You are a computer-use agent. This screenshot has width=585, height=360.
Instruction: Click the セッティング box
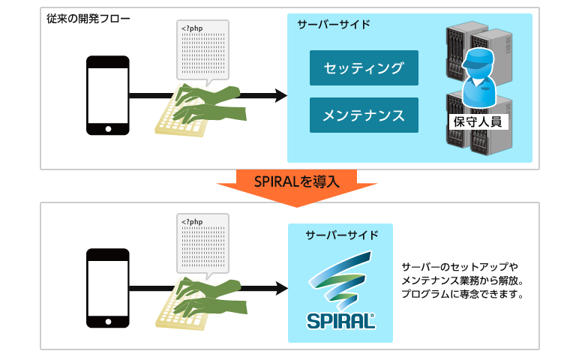tap(364, 68)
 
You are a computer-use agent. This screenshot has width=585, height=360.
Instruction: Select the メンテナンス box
tap(364, 115)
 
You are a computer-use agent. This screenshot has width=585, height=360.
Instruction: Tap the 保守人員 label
tap(478, 121)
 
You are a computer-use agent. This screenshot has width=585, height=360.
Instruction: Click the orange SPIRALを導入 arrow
tap(297, 187)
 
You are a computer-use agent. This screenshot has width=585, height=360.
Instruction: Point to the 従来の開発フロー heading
tap(88, 19)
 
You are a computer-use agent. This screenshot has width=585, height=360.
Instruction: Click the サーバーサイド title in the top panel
tap(334, 25)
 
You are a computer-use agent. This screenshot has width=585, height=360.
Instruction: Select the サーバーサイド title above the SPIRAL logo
tap(342, 235)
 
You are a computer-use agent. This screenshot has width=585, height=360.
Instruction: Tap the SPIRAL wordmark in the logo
tap(340, 322)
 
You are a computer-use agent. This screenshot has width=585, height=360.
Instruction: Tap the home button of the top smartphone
tap(108, 129)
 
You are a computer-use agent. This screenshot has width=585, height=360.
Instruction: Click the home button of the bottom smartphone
tap(108, 322)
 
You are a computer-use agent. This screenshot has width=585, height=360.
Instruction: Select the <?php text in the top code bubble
tap(192, 28)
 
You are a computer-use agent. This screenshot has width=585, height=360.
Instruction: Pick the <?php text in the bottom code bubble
tap(192, 221)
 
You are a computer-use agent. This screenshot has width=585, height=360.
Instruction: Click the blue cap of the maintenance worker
tap(478, 58)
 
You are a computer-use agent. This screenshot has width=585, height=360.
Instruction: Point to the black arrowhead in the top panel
tap(281, 95)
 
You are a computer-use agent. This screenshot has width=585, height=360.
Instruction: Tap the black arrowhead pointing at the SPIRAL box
tap(282, 288)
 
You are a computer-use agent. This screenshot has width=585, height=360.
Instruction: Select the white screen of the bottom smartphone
tap(108, 288)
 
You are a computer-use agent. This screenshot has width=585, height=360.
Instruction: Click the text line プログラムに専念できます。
tap(463, 294)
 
